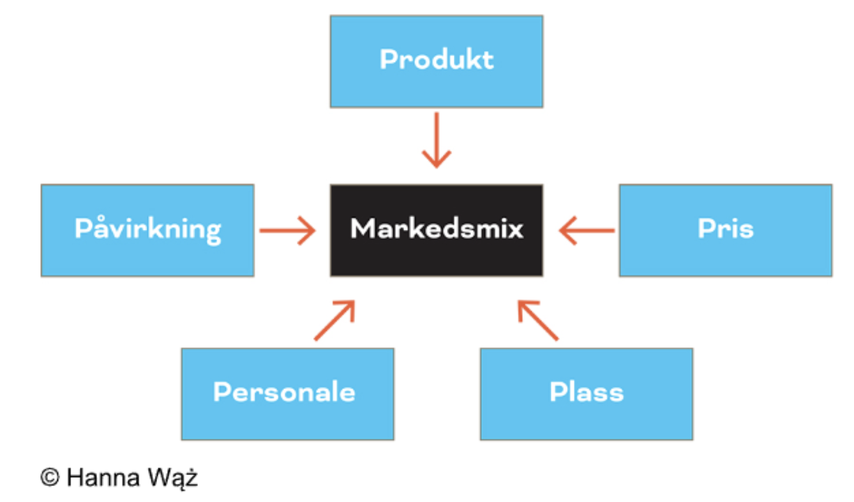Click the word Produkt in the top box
437,59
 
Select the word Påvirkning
147,229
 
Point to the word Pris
725,229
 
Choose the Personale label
284,392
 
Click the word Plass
586,392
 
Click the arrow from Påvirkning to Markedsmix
287,231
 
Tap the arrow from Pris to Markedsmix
587,231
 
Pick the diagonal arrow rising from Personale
334,321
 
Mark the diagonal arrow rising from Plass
538,321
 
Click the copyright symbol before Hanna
50,477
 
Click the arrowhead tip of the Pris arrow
560,231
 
